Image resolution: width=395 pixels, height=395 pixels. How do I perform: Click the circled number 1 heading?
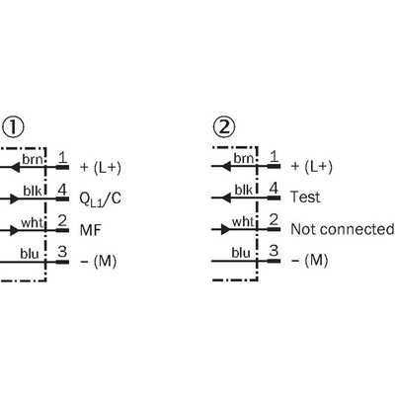pyautogui.click(x=13, y=127)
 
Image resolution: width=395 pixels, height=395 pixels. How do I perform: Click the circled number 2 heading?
pyautogui.click(x=224, y=126)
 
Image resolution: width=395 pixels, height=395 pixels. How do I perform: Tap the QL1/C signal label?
pyautogui.click(x=100, y=199)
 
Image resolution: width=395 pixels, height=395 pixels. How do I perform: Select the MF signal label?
pyautogui.click(x=91, y=230)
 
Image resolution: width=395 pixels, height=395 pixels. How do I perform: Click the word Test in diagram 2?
pyautogui.click(x=305, y=197)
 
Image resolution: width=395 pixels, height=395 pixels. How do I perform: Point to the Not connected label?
pyautogui.click(x=342, y=229)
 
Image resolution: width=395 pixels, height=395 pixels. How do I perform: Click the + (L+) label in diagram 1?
pyautogui.click(x=101, y=168)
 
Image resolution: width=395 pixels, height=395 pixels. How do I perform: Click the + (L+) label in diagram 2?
pyautogui.click(x=312, y=167)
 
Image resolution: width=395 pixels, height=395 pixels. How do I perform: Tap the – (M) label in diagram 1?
pyautogui.click(x=99, y=262)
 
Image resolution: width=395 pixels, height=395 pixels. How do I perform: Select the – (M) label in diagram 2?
pyautogui.click(x=310, y=261)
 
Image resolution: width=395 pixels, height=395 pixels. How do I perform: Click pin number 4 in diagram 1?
pyautogui.click(x=62, y=190)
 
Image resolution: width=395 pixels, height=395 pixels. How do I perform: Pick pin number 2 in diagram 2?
pyautogui.click(x=274, y=220)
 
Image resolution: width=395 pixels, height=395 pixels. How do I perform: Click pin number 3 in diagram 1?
pyautogui.click(x=62, y=252)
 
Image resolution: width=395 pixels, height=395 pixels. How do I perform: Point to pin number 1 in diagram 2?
pyautogui.click(x=274, y=157)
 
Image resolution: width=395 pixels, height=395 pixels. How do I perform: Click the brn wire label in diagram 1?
pyautogui.click(x=33, y=160)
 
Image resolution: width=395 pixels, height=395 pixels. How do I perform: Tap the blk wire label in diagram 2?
pyautogui.click(x=244, y=190)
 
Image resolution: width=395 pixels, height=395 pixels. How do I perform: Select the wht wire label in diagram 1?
pyautogui.click(x=32, y=223)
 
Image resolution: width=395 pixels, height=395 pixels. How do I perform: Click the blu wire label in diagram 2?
pyautogui.click(x=241, y=253)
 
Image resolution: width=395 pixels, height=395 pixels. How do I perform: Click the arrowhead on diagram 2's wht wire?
pyautogui.click(x=225, y=229)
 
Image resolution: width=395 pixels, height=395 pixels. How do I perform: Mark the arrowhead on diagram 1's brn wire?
pyautogui.click(x=15, y=168)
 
